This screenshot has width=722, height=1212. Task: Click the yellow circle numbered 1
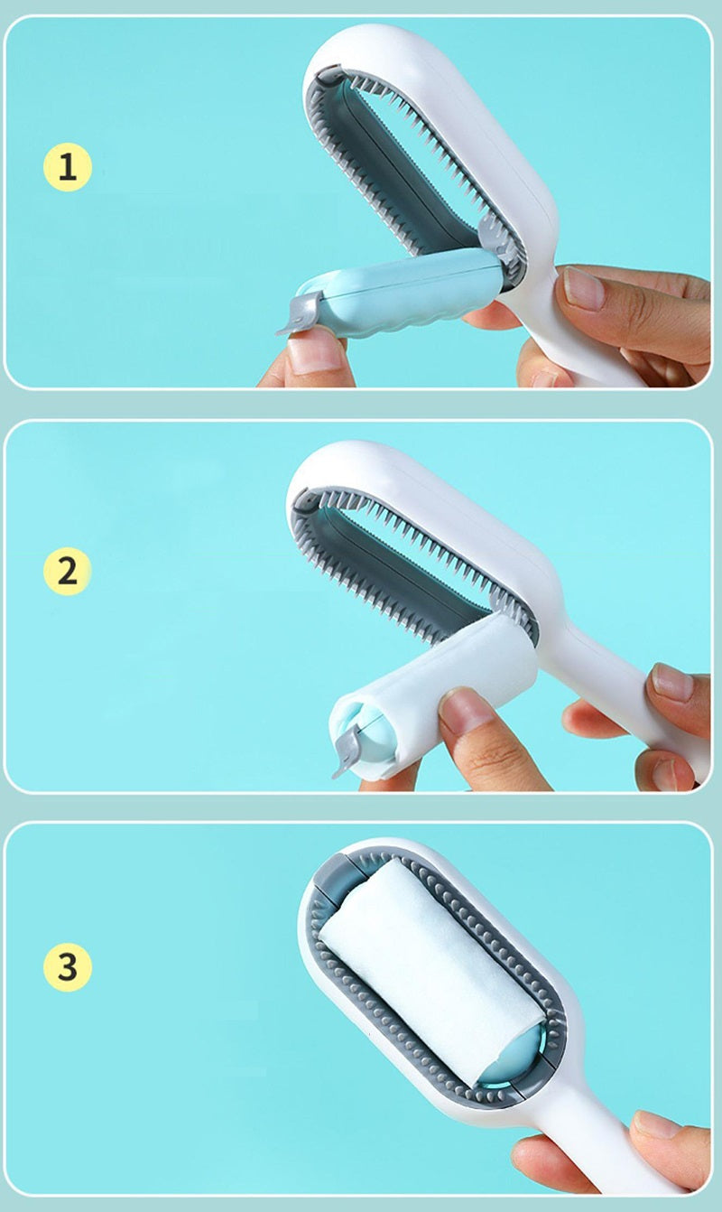point(68,167)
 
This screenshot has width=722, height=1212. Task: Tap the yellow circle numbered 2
point(68,571)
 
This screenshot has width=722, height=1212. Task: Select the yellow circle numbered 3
point(68,966)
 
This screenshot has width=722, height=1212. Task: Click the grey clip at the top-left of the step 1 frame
point(329,75)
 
